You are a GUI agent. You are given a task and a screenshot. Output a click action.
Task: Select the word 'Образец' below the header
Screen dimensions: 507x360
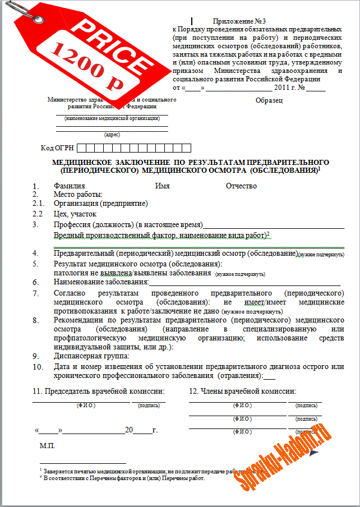pyautogui.click(x=269, y=100)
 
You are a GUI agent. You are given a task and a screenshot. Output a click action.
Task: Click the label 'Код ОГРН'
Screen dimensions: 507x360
pyautogui.click(x=57, y=148)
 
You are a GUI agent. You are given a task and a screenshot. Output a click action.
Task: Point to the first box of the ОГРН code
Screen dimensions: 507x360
pyautogui.click(x=81, y=148)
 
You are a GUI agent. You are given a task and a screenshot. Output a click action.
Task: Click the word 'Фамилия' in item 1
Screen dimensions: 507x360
pyautogui.click(x=69, y=186)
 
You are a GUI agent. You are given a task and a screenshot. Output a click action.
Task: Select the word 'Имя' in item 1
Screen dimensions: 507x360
pyautogui.click(x=162, y=186)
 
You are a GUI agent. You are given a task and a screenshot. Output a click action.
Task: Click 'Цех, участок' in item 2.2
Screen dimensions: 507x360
pyautogui.click(x=75, y=214)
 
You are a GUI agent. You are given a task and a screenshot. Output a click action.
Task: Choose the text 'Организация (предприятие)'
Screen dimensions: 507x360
pyautogui.click(x=100, y=203)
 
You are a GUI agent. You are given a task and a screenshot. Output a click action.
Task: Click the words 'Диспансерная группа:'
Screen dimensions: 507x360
pyautogui.click(x=91, y=356)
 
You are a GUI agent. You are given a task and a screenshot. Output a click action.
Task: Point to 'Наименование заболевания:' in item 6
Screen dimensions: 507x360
pyautogui.click(x=101, y=282)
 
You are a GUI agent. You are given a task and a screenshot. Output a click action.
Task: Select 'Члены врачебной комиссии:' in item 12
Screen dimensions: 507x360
pyautogui.click(x=243, y=391)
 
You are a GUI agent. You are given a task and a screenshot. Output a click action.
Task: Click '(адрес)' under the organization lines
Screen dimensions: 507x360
pyautogui.click(x=112, y=135)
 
